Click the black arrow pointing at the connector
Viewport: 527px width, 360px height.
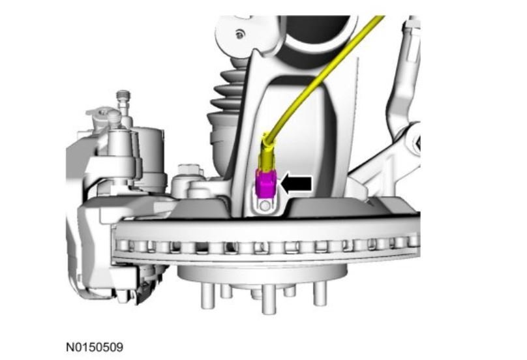click(x=295, y=184)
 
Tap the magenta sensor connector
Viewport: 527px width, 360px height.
click(x=265, y=183)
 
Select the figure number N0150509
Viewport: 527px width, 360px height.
click(x=95, y=347)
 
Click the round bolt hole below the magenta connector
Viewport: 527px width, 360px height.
click(x=265, y=205)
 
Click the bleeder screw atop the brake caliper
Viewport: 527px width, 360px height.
click(x=123, y=101)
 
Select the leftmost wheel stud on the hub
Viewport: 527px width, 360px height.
click(x=207, y=296)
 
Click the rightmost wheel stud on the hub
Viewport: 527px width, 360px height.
click(x=320, y=293)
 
